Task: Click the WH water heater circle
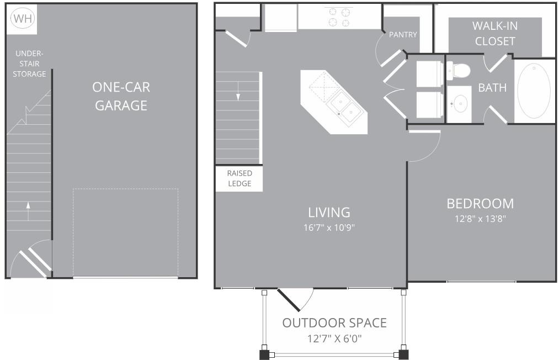23,19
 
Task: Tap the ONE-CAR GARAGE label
121,96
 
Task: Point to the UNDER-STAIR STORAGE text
29,63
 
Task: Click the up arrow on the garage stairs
28,211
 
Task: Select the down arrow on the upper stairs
238,91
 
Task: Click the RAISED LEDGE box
239,178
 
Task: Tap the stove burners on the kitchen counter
339,18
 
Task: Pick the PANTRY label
403,35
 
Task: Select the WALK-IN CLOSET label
495,34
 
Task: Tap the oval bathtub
534,91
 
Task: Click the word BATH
492,88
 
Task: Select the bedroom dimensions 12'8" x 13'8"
480,219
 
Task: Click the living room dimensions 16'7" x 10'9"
329,227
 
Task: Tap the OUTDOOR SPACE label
334,323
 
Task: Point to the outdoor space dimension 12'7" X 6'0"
334,338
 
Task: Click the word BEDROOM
480,204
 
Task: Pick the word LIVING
329,213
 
